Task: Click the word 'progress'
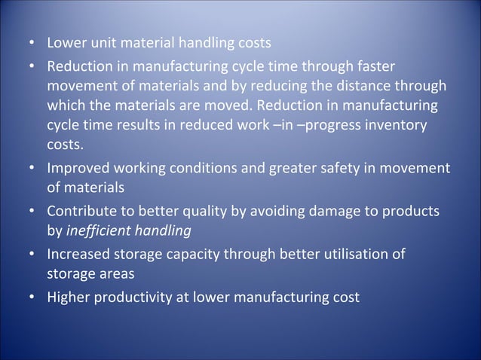pyautogui.click(x=329, y=124)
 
